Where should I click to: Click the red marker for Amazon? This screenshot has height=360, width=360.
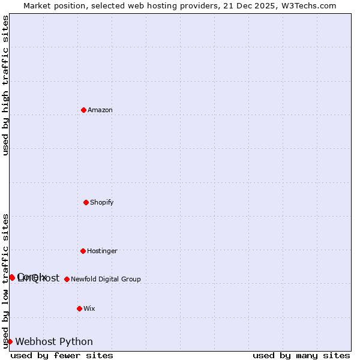click(x=84, y=110)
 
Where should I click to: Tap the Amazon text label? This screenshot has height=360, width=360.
click(x=100, y=110)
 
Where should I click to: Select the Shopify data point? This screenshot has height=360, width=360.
click(x=86, y=202)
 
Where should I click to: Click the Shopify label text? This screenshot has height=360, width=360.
click(x=102, y=203)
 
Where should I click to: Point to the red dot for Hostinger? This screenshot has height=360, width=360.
click(x=83, y=251)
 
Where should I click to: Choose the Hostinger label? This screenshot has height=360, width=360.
click(x=103, y=251)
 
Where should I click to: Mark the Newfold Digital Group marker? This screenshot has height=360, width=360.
click(x=67, y=279)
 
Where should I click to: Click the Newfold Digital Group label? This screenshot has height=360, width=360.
click(x=106, y=280)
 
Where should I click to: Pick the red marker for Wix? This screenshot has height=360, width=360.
click(x=80, y=308)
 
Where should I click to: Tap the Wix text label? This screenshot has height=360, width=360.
click(x=89, y=309)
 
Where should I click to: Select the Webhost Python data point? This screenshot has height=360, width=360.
click(x=10, y=341)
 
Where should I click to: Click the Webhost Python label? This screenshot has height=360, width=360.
click(x=54, y=342)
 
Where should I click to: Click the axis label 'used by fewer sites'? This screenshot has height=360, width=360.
click(x=62, y=356)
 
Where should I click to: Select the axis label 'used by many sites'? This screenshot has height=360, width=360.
click(x=301, y=356)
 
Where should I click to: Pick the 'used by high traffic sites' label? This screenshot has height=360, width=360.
click(x=5, y=86)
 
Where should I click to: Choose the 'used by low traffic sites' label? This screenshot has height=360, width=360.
click(x=5, y=281)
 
